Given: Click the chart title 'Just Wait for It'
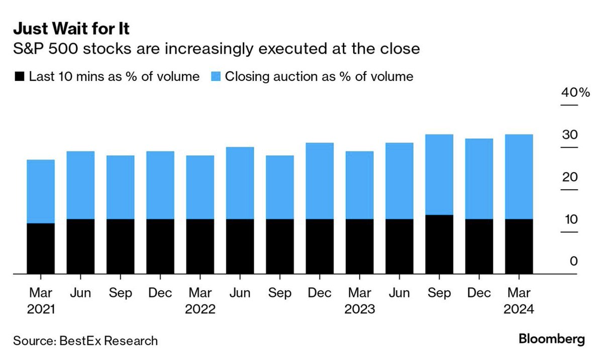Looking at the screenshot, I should pos(71,29).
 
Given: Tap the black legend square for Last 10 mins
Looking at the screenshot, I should pos(20,77).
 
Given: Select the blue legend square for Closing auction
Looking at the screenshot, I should pos(216,77).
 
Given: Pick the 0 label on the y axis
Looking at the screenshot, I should pos(574,262).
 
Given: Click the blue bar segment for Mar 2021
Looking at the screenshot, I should pos(41,191).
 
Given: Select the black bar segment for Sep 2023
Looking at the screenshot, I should pos(439,245).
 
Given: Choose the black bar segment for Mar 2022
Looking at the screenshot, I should pos(200,247).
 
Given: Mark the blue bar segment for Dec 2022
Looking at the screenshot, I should pos(320,181).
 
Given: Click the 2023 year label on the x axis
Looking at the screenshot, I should pos(359,309).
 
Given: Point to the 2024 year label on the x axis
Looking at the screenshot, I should pos(519,309).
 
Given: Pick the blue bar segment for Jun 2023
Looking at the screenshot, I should pos(399,181).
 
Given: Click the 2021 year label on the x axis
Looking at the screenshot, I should pos(41,309).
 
